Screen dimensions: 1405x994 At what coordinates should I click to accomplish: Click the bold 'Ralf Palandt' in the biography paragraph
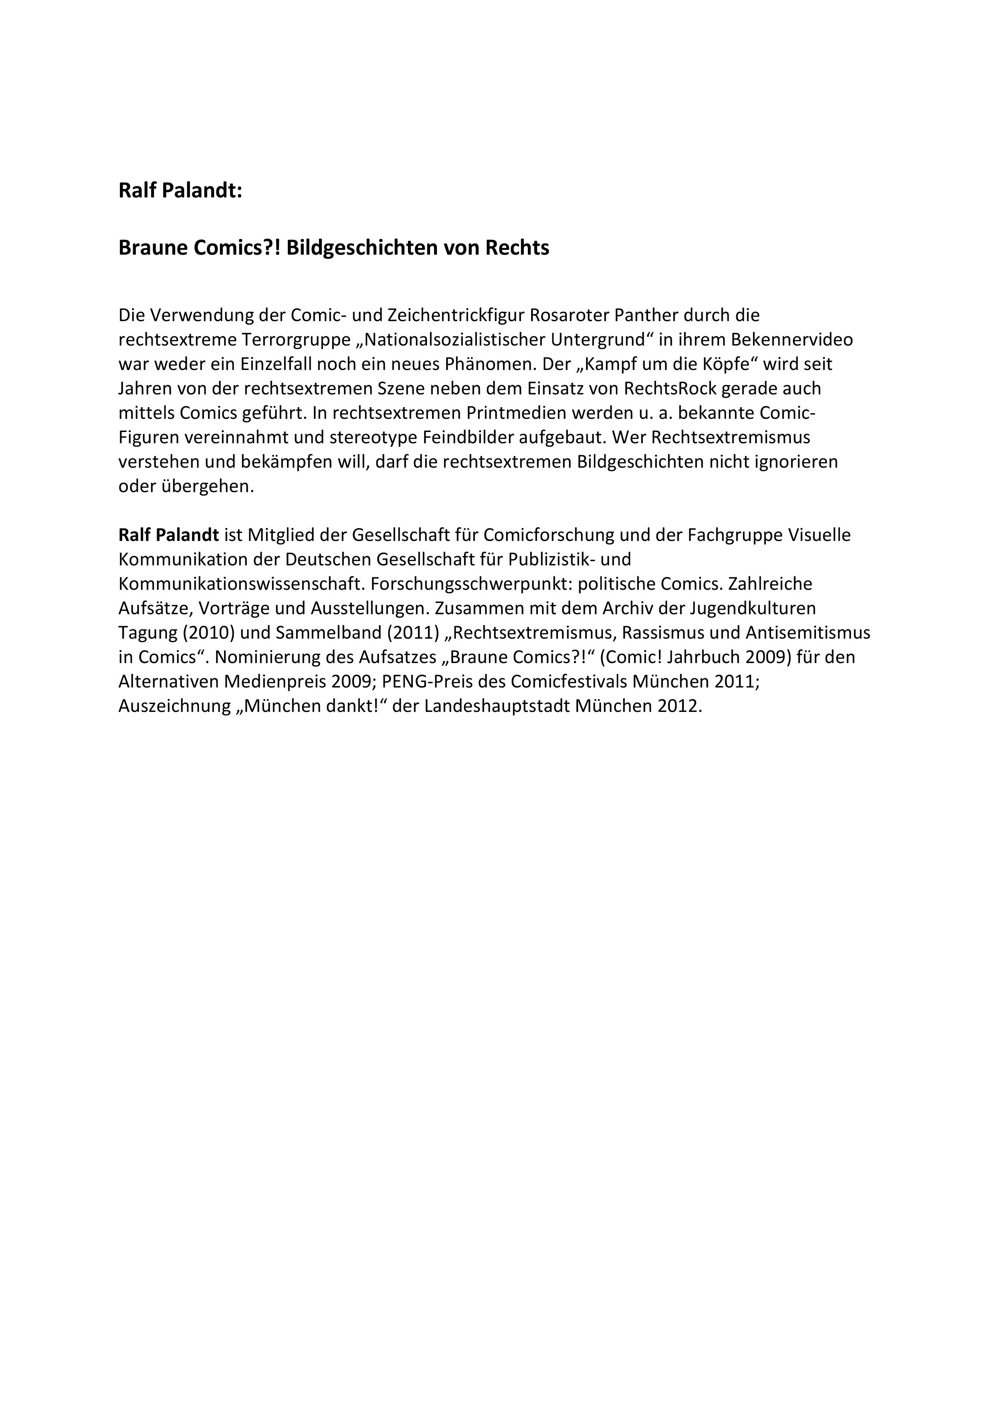pos(168,535)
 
